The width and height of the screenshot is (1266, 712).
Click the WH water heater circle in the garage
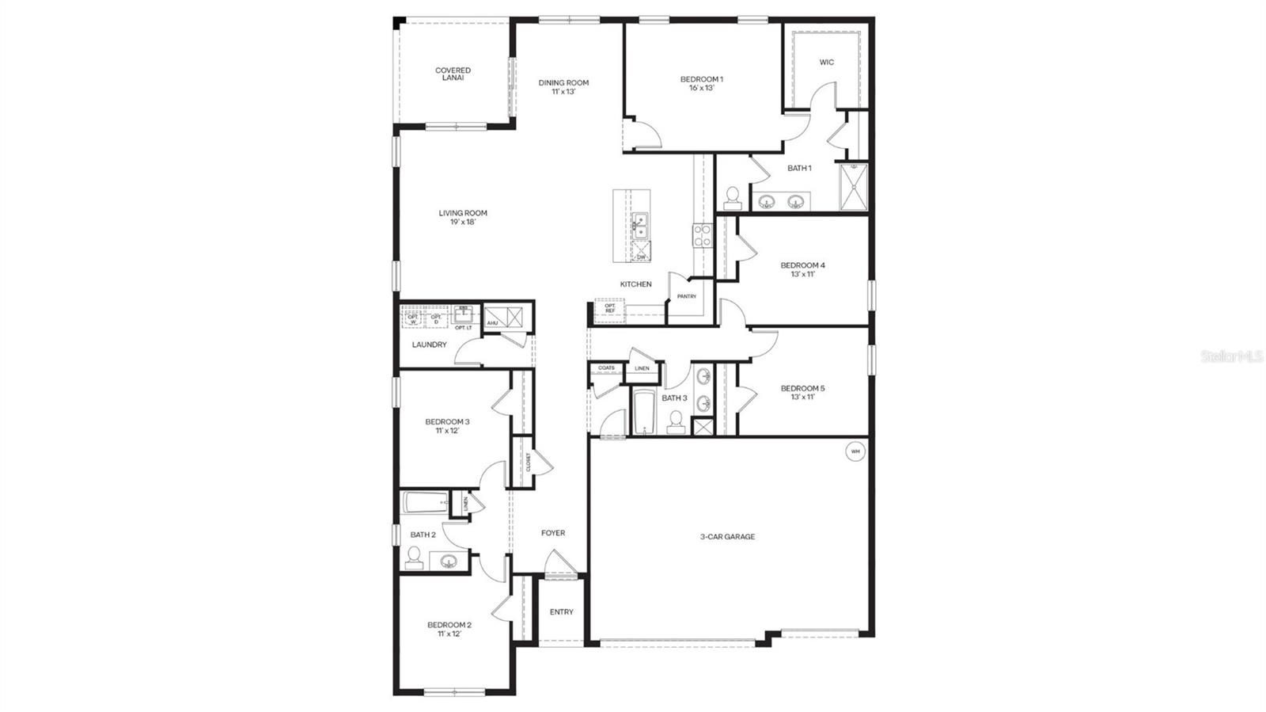855,452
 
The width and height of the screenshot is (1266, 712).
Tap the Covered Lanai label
453,74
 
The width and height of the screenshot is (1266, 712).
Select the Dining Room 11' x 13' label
563,86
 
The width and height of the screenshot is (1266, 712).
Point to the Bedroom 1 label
701,83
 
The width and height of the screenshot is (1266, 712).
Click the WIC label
826,63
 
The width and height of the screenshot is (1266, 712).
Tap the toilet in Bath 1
732,196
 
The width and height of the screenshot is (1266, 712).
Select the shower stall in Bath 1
853,187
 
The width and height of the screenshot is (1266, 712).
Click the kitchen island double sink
640,227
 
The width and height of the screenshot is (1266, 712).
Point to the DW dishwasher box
641,255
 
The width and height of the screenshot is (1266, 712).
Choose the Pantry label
686,297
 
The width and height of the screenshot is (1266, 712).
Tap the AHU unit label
491,322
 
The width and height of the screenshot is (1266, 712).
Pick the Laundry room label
429,345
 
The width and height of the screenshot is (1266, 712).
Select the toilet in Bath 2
413,558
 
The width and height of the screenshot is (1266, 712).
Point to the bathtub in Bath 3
641,411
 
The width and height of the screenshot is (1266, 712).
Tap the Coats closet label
606,368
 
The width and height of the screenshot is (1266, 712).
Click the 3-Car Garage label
727,537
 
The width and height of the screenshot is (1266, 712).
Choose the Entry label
561,611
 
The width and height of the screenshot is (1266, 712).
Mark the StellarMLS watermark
1232,356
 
